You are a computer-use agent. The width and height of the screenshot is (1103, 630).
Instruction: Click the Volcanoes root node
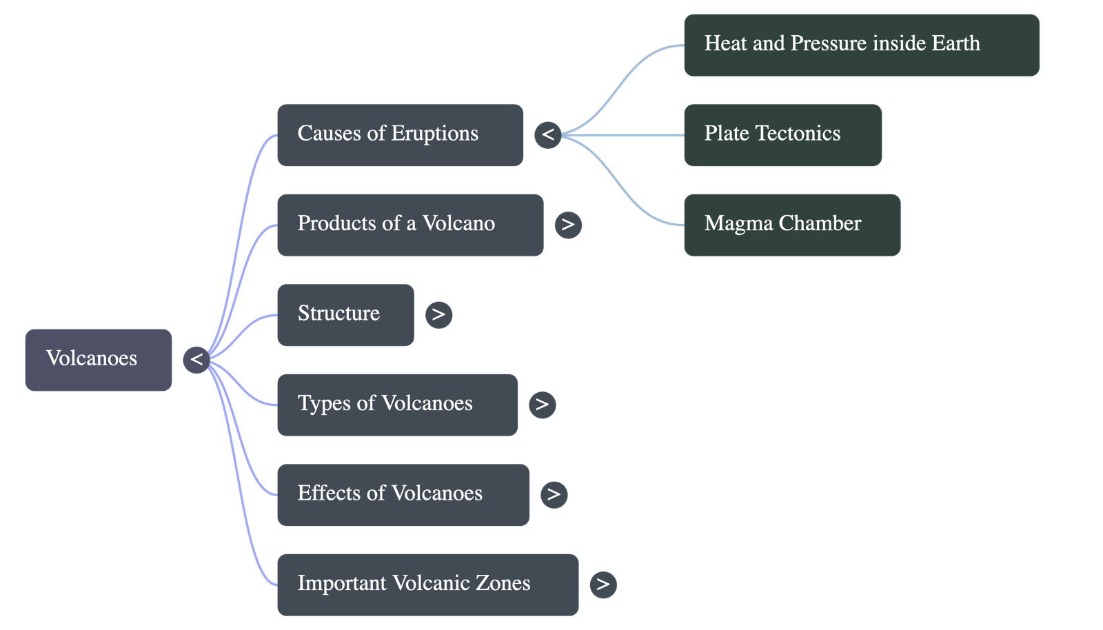pos(99,359)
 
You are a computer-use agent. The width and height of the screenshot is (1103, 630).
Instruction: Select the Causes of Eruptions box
pos(400,135)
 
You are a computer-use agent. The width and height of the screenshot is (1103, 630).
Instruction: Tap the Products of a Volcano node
pos(409,225)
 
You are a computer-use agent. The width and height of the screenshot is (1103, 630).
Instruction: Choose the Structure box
pos(345,314)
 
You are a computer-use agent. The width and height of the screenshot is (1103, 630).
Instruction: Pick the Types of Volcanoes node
pos(397,405)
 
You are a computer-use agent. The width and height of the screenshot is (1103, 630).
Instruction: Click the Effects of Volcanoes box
pos(403,494)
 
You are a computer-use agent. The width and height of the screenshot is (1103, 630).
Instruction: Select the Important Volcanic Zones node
pos(427,584)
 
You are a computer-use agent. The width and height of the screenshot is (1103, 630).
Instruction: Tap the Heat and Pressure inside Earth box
pos(861,45)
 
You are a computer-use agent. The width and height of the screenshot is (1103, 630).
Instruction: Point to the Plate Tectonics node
pos(782,135)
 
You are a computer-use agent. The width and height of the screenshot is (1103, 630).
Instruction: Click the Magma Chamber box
pos(791,225)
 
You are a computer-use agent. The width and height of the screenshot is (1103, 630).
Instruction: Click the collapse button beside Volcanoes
pos(196,360)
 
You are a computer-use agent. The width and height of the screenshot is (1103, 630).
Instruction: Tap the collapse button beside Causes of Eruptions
pos(548,134)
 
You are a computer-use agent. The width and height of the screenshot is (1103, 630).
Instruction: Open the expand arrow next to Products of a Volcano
pos(568,225)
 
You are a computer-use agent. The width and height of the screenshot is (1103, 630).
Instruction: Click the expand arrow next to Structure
pos(439,315)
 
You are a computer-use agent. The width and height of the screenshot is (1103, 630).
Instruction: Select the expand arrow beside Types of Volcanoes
pos(542,405)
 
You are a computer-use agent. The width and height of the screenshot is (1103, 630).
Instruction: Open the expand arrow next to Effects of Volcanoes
pos(554,494)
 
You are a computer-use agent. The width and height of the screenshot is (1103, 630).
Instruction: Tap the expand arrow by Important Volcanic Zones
pos(603,585)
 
